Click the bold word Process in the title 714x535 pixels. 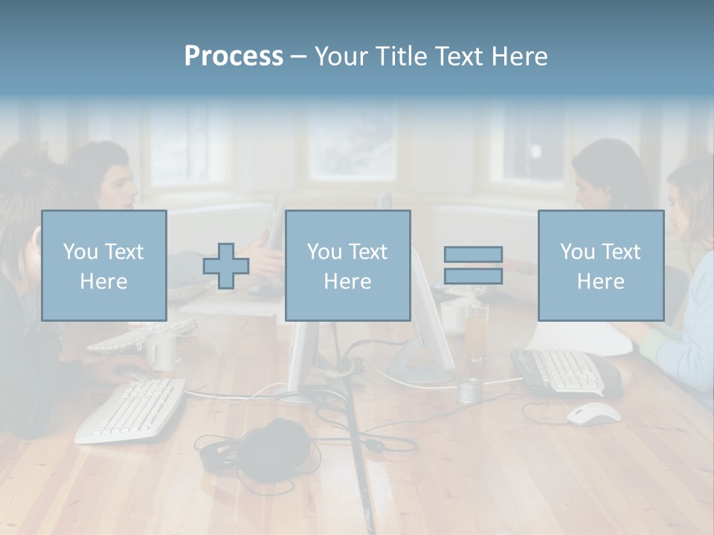pyautogui.click(x=234, y=56)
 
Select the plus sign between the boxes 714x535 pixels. pyautogui.click(x=226, y=267)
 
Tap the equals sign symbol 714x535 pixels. pyautogui.click(x=473, y=265)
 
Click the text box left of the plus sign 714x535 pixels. pyautogui.click(x=104, y=265)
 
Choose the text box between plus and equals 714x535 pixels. pyautogui.click(x=347, y=265)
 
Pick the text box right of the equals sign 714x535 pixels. pyautogui.click(x=600, y=265)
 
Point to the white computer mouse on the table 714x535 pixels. pyautogui.click(x=594, y=413)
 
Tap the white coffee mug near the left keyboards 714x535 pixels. pyautogui.click(x=161, y=350)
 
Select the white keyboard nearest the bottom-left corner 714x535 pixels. pyautogui.click(x=131, y=409)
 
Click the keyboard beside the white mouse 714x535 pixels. pyautogui.click(x=565, y=371)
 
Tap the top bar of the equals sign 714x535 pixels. pyautogui.click(x=473, y=255)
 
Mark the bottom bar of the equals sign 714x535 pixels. pyautogui.click(x=473, y=276)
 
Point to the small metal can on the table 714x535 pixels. pyautogui.click(x=469, y=390)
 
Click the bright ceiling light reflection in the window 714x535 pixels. pyautogui.click(x=535, y=151)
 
